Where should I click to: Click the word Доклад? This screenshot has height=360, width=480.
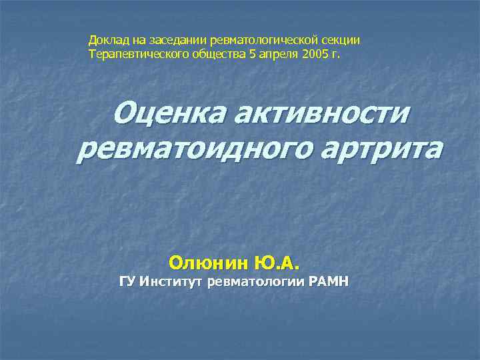106,41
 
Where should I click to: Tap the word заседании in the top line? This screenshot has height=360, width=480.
163,41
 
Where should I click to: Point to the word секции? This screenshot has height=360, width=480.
343,41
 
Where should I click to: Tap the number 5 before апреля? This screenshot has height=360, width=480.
252,53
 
